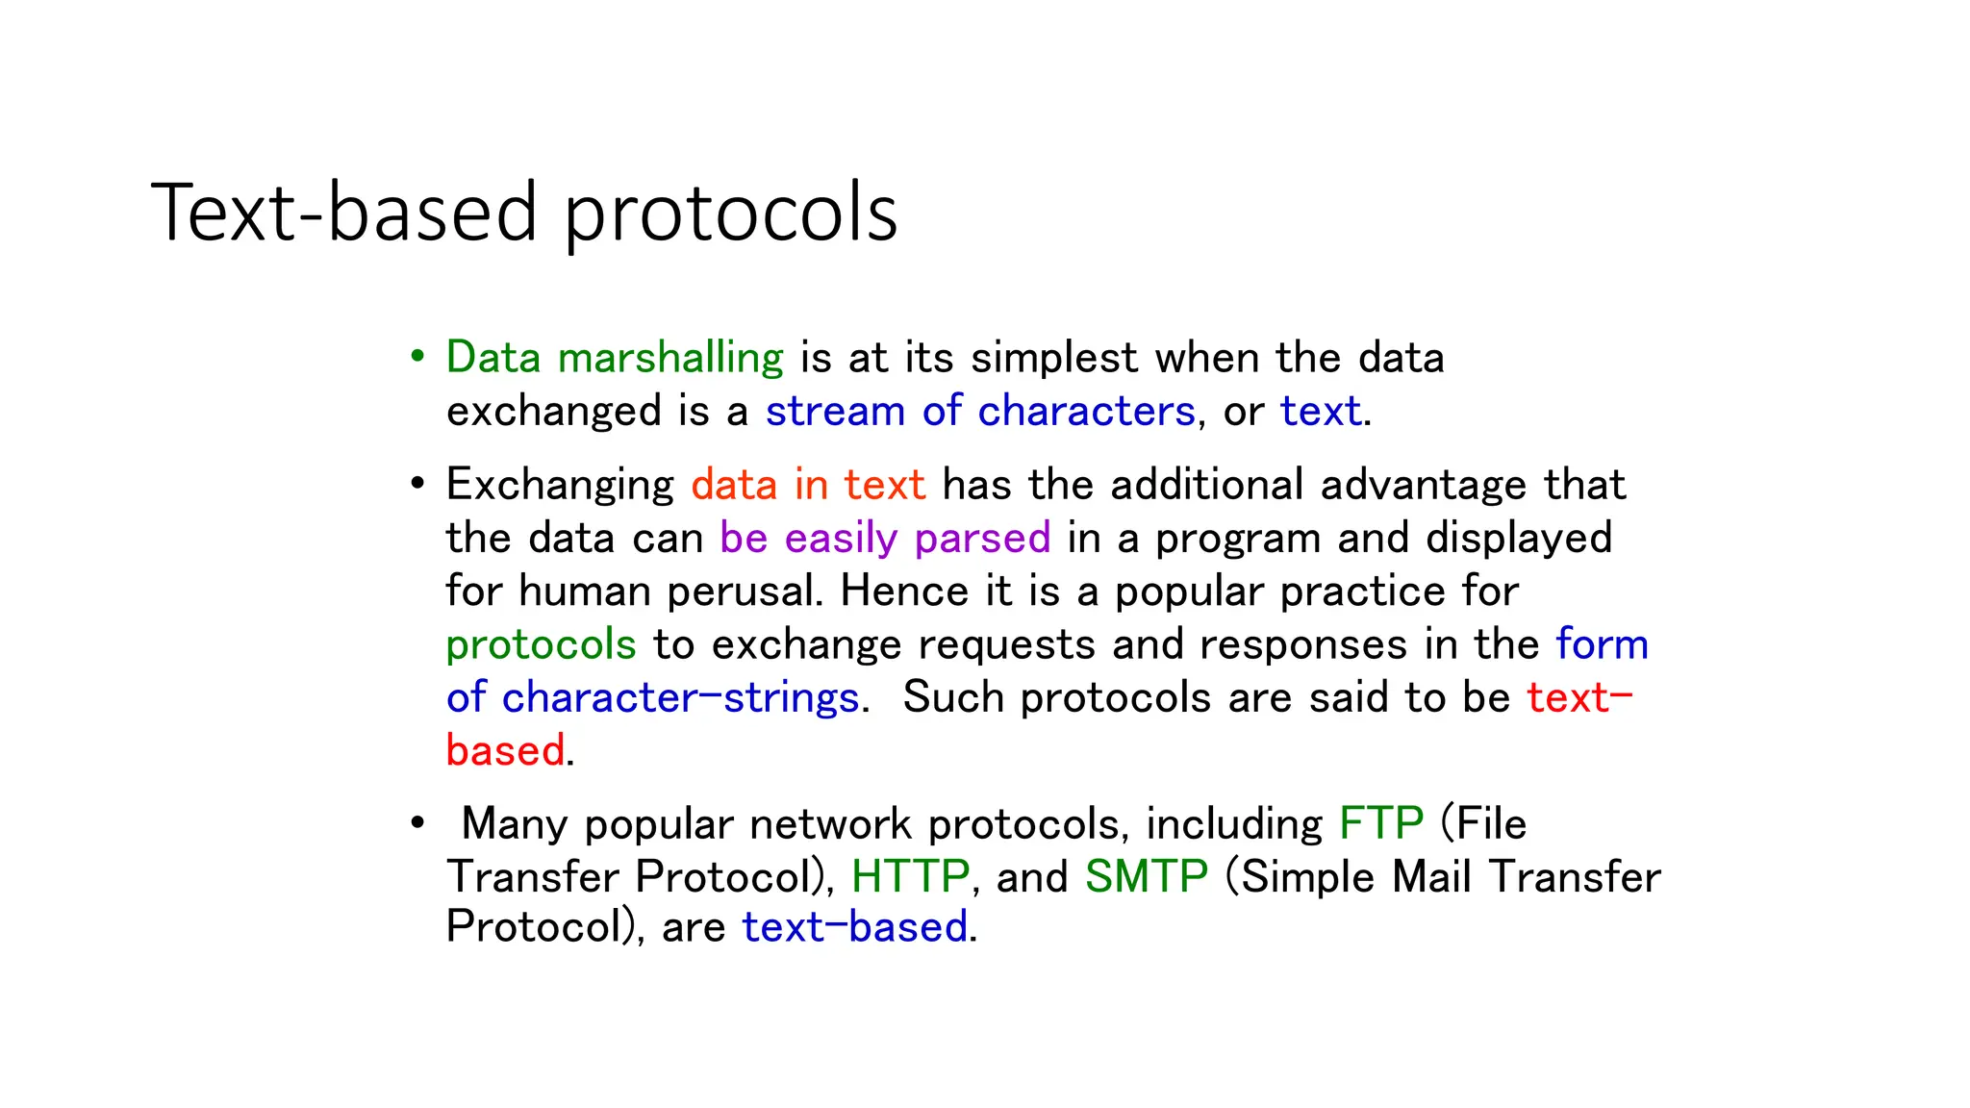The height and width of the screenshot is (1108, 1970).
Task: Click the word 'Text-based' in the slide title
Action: point(343,213)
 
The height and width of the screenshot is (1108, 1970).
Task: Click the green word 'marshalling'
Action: point(670,358)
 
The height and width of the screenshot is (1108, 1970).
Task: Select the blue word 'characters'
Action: point(1086,411)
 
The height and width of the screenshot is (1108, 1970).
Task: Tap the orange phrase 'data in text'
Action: point(808,484)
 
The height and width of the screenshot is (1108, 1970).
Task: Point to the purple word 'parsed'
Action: point(982,538)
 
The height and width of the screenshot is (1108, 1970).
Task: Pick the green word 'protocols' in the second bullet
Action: point(541,644)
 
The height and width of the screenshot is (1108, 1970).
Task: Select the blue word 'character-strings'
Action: point(680,697)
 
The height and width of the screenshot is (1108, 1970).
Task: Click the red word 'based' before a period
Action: point(505,750)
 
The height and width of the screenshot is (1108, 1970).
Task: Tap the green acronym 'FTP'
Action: point(1380,823)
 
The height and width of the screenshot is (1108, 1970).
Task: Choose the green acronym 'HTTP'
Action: point(910,876)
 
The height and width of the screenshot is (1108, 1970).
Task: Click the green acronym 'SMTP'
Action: point(1146,876)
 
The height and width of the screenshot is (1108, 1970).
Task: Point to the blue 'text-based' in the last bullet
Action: point(854,927)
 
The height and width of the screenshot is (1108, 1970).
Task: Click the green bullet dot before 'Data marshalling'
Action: point(417,357)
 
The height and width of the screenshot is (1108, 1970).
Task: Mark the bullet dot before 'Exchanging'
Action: point(417,484)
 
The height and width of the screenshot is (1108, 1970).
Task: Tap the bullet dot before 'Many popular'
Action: point(417,823)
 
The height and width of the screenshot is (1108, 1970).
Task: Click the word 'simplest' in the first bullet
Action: point(1054,358)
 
